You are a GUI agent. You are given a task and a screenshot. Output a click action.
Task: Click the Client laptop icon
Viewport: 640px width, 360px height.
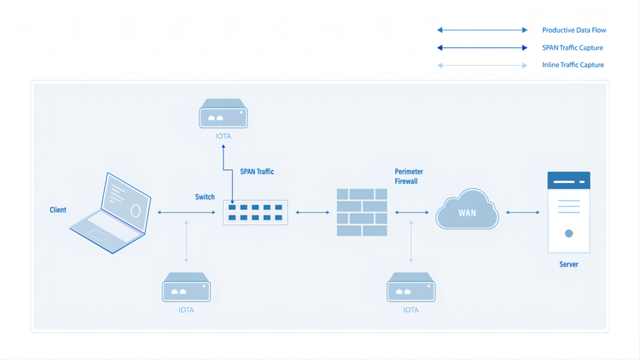[112, 213]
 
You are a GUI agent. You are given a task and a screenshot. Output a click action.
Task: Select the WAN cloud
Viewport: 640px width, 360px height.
[467, 211]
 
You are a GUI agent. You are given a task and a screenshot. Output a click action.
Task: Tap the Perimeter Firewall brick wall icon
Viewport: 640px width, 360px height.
[362, 213]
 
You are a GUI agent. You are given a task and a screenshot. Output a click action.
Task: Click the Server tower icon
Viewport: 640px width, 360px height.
[568, 213]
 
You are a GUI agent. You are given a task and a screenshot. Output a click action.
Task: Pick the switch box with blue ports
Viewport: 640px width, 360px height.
[255, 213]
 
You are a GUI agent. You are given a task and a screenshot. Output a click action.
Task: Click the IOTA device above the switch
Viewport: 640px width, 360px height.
[223, 114]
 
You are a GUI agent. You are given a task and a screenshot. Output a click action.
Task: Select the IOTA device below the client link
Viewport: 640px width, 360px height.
[186, 287]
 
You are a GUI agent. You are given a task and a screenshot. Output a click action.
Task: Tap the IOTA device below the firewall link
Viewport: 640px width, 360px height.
[411, 287]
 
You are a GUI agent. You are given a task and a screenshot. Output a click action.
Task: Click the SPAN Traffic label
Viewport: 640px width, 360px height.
[257, 171]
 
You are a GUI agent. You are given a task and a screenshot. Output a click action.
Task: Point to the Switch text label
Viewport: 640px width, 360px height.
[205, 197]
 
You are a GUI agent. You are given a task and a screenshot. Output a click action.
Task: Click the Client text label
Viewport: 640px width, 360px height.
[58, 210]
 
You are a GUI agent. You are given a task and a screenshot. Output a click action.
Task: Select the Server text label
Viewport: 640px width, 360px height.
[568, 264]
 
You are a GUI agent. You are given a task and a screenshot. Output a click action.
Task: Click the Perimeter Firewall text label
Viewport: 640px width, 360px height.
[409, 176]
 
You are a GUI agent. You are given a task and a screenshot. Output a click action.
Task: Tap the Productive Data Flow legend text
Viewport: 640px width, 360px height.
[574, 30]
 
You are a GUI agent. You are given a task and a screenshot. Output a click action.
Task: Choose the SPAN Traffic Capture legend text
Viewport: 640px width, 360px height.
[572, 48]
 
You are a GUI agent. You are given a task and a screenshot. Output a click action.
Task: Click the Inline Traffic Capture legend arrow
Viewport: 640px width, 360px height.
[482, 65]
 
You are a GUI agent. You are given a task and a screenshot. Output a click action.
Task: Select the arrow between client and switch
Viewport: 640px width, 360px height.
[186, 213]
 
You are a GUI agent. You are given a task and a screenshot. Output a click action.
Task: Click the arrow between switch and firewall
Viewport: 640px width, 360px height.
[312, 213]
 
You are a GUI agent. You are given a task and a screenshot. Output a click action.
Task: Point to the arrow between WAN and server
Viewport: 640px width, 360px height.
[522, 213]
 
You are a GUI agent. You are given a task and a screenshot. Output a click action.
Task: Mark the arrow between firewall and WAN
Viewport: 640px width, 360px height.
[411, 213]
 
